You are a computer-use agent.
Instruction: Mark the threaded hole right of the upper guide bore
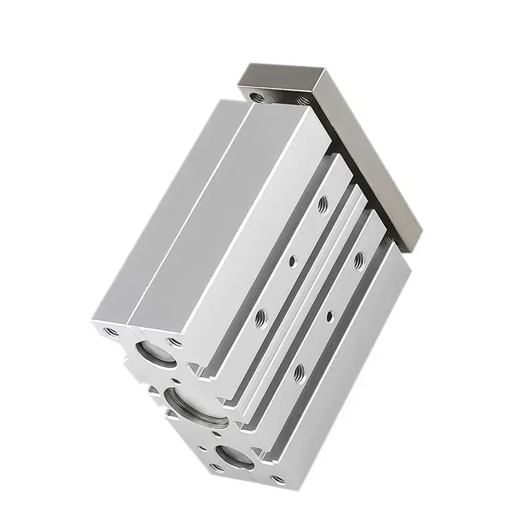click(x=175, y=342)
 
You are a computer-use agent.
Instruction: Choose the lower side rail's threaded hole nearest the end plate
click(x=359, y=259)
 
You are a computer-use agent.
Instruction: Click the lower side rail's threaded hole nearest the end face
click(x=299, y=371)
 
